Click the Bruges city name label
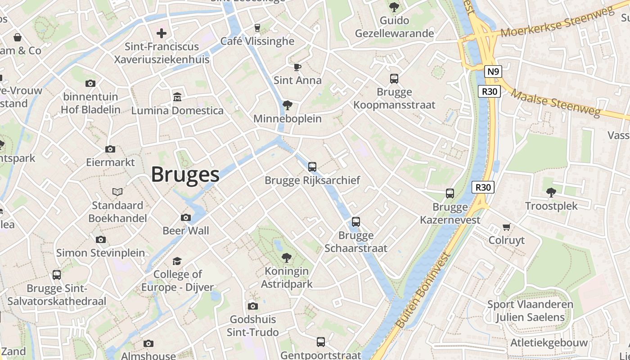(x=185, y=175)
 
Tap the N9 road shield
(x=493, y=72)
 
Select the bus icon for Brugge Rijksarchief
(x=312, y=167)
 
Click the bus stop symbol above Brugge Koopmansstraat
(x=394, y=79)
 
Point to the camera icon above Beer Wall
(x=185, y=218)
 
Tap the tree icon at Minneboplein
(x=287, y=105)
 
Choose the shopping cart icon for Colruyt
(x=507, y=227)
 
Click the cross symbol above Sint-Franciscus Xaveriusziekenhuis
(x=162, y=33)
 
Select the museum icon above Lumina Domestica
(x=177, y=97)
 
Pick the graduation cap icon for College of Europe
(x=177, y=261)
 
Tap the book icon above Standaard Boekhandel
(x=117, y=192)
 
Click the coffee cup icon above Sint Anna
(x=297, y=67)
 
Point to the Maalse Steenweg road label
(x=556, y=103)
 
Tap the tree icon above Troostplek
(x=551, y=193)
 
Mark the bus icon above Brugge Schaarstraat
(x=356, y=222)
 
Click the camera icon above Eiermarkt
(x=110, y=149)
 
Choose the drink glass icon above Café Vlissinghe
(x=257, y=28)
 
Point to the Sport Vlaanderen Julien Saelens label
(x=530, y=311)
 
